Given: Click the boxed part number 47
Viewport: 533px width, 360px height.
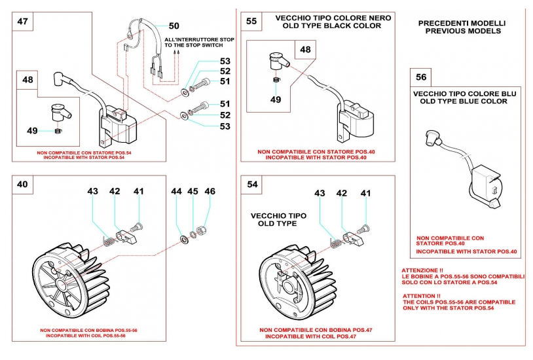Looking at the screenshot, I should pyautogui.click(x=22, y=21).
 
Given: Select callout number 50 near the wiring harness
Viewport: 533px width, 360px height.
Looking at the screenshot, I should pyautogui.click(x=174, y=26).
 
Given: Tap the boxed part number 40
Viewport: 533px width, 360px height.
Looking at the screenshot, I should pyautogui.click(x=22, y=184).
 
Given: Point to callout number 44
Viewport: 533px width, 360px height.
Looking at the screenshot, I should pyautogui.click(x=176, y=191).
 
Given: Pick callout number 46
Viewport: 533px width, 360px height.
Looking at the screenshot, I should pyautogui.click(x=210, y=191).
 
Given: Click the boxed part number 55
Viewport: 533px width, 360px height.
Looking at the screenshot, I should pyautogui.click(x=251, y=21).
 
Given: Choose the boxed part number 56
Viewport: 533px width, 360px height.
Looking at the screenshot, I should pyautogui.click(x=421, y=77).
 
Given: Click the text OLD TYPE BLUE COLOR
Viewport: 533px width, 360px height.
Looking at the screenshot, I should pyautogui.click(x=464, y=101).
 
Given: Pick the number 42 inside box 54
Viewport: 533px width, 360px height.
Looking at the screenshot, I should pyautogui.click(x=342, y=193).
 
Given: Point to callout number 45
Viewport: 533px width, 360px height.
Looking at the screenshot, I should pyautogui.click(x=193, y=191).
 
